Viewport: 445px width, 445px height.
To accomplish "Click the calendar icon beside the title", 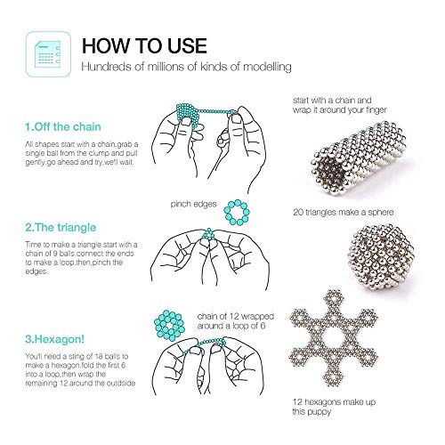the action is (48, 54).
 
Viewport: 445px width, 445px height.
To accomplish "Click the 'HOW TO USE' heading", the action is (144, 45).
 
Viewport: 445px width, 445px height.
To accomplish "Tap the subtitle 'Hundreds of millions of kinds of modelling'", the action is (186, 67).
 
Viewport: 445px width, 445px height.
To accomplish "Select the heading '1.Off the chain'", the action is (63, 127).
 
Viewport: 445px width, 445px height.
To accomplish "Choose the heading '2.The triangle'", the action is (61, 228).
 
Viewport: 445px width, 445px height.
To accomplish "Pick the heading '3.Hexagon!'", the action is (54, 339).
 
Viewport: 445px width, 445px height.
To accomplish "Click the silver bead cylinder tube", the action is (359, 158).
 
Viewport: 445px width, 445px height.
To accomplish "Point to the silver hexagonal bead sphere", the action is (381, 257).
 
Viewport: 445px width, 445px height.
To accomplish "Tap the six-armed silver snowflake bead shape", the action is (334, 338).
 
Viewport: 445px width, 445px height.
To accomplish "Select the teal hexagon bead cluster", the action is (169, 325).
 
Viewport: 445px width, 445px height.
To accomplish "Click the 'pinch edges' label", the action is (193, 204).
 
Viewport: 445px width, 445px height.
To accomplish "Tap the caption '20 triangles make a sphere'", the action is (344, 212).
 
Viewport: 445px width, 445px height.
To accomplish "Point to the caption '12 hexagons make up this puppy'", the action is (334, 407).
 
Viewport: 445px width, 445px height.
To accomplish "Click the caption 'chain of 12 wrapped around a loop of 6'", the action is (235, 321).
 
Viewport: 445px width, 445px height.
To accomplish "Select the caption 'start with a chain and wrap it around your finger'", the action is (340, 105).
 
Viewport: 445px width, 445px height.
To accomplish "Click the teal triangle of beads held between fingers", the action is (209, 234).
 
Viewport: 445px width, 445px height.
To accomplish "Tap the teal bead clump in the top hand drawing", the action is (188, 114).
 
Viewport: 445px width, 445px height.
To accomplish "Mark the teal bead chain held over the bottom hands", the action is (205, 344).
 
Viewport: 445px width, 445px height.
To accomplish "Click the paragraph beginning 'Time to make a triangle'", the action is (81, 258).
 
